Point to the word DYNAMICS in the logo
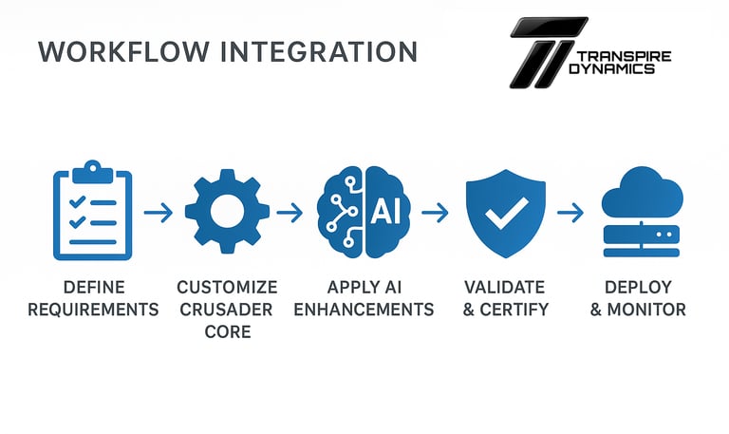(617, 69)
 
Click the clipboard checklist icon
(92, 210)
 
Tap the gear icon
(227, 211)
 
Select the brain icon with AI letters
(364, 211)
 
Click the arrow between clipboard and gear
(159, 213)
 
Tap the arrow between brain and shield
(435, 213)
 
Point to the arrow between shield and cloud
(570, 213)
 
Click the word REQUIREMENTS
(92, 310)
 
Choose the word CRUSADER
(227, 310)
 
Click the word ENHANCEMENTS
(364, 310)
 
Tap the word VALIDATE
(504, 287)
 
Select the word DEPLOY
(638, 287)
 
